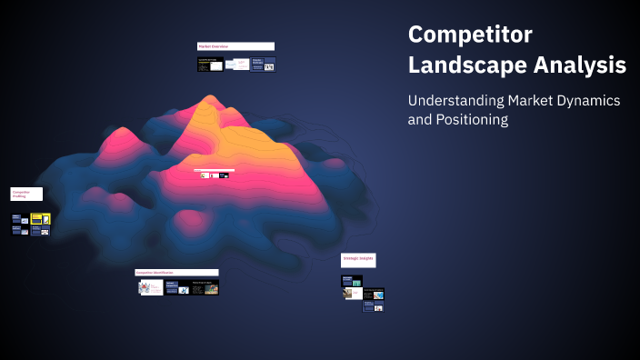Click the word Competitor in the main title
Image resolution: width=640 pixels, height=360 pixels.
(470, 35)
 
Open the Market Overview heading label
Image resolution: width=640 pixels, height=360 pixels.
(235, 46)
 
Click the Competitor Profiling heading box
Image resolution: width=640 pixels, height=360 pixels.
(26, 194)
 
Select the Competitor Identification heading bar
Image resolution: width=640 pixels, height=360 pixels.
(176, 272)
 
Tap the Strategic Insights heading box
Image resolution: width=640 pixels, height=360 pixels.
(358, 260)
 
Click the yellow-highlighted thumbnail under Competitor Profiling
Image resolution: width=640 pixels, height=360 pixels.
(40, 218)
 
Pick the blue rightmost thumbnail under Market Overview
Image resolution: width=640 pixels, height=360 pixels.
(264, 65)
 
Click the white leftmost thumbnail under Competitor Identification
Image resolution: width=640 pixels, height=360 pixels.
(149, 287)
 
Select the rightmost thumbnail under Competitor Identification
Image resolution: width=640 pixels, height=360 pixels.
(205, 288)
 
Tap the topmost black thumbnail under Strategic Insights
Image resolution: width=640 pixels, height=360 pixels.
(352, 282)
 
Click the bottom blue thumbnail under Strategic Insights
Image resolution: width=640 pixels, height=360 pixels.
(374, 306)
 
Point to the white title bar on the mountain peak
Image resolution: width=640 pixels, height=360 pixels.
(215, 170)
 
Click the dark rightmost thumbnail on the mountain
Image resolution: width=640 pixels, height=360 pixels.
(224, 175)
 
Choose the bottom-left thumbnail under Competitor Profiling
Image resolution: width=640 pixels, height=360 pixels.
(18, 230)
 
